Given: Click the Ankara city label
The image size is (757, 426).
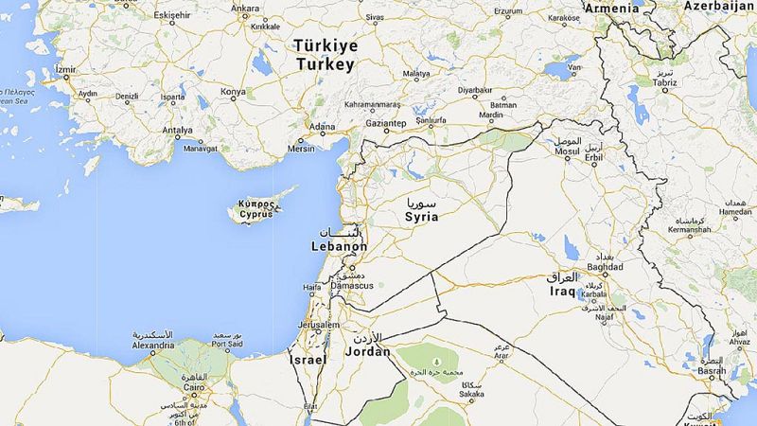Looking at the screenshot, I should (x=245, y=9).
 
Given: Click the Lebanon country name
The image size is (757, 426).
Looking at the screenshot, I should (x=338, y=246).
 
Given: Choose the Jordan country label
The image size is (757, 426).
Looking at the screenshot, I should (x=369, y=351).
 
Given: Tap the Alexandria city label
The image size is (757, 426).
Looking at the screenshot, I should (x=153, y=346).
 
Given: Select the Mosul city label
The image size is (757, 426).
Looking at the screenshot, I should (x=567, y=151).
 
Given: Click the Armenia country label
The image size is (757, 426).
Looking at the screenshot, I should (x=612, y=8).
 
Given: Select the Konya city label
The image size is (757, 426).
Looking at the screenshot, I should (x=233, y=92).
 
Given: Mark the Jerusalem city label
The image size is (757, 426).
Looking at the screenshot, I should (x=317, y=325).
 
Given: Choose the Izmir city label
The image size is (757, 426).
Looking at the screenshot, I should (x=65, y=70).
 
